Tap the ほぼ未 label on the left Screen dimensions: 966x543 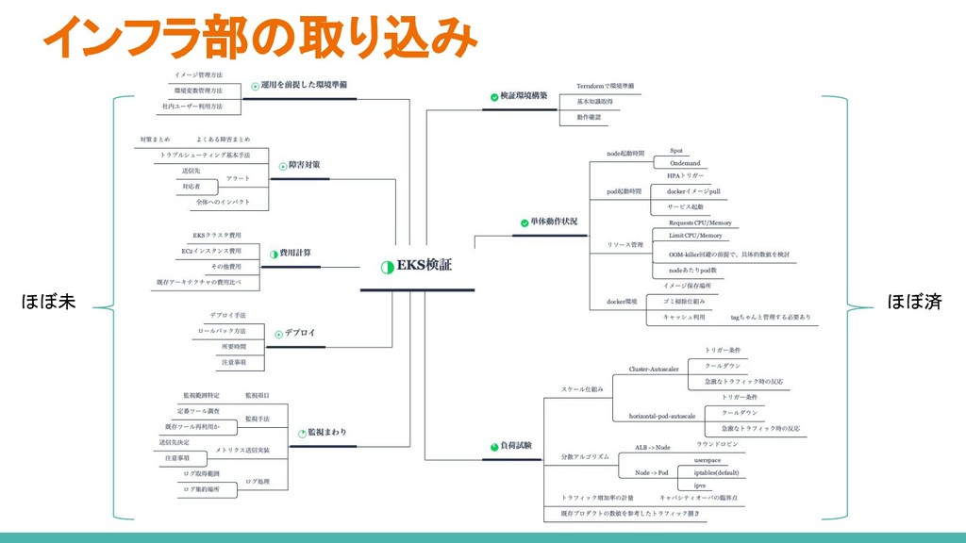click(48, 303)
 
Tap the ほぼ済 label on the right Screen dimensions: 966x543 click(914, 303)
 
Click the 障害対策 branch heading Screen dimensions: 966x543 click(302, 165)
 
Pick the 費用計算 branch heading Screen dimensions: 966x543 click(295, 253)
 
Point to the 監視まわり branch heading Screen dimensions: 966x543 click(326, 432)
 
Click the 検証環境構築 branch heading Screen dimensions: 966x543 click(523, 96)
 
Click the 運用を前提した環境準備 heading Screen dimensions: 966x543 click(304, 84)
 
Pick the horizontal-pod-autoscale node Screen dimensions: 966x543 click(662, 416)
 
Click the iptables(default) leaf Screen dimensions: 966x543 click(718, 471)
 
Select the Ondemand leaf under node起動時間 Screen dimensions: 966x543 click(685, 163)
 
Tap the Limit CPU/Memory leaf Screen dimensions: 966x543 click(695, 235)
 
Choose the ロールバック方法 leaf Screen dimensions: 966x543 click(222, 332)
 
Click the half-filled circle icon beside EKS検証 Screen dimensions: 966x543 click(386, 267)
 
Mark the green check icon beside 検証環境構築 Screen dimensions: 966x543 click(492, 97)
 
